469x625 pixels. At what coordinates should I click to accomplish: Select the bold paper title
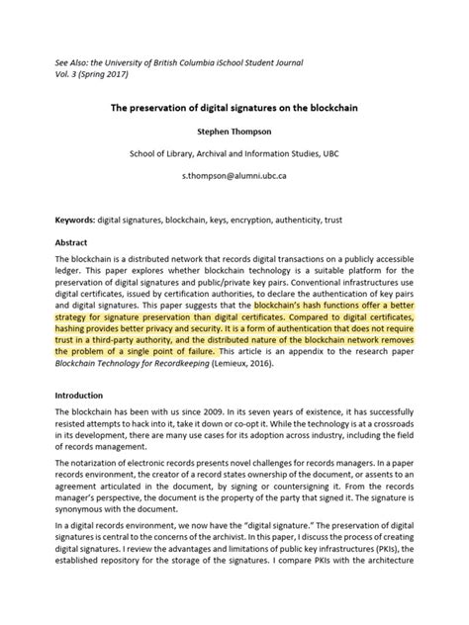234,103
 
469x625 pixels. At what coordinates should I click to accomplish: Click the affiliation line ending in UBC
234,154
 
